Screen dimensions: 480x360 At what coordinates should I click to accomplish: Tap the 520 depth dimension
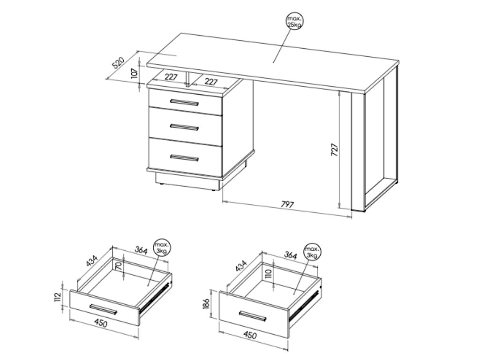tap(118, 63)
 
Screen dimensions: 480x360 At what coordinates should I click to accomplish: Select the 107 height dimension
tap(135, 74)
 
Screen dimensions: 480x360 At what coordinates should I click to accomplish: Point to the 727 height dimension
tap(335, 150)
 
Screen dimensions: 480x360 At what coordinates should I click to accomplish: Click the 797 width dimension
tap(287, 204)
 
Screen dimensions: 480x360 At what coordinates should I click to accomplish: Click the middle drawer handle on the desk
tap(184, 127)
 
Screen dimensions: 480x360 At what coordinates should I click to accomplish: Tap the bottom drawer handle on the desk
tap(184, 158)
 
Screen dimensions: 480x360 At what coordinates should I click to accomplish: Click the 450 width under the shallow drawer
tap(101, 322)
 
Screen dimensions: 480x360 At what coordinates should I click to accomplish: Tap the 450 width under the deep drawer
tap(250, 335)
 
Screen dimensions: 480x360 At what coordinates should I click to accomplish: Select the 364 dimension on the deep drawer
tap(290, 255)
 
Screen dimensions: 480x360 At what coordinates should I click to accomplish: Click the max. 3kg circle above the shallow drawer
tap(162, 247)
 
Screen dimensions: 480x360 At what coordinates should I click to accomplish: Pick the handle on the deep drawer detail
tap(253, 316)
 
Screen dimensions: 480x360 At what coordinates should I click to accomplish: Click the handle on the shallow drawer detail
tap(104, 309)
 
